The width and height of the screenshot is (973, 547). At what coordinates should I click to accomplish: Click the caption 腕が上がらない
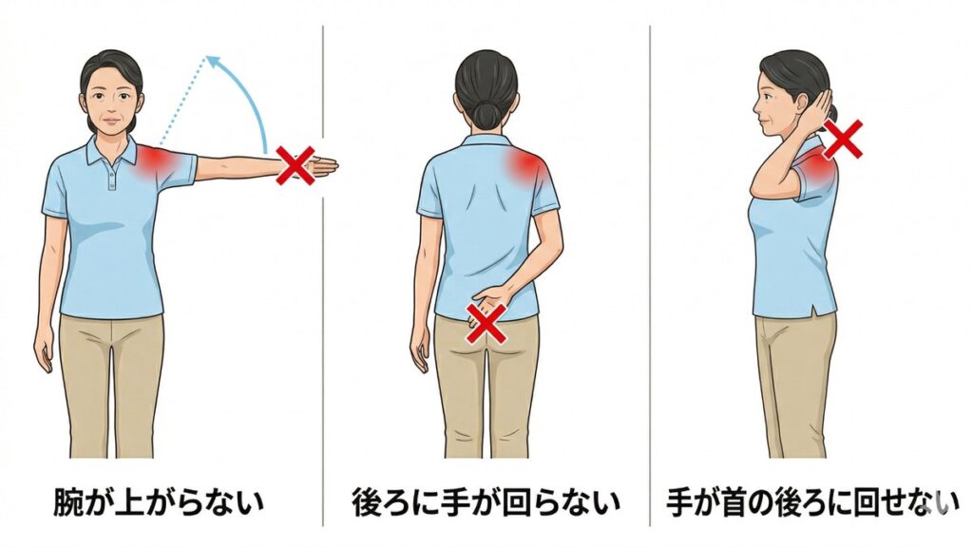(x=159, y=502)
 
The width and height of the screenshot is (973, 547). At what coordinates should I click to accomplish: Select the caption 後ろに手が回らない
(x=486, y=502)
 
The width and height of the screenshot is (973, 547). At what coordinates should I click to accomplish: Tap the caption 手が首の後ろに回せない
(x=812, y=502)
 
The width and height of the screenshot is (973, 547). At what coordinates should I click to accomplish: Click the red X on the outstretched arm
(x=296, y=165)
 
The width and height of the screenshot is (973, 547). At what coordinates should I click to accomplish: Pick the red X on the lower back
(x=488, y=324)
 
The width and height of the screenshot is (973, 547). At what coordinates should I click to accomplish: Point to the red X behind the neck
(x=843, y=140)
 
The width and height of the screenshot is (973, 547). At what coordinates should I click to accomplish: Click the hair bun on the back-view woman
(x=486, y=114)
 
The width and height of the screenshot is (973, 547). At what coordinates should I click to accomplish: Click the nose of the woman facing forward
(x=111, y=106)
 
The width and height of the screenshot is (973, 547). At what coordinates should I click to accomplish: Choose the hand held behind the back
(x=486, y=305)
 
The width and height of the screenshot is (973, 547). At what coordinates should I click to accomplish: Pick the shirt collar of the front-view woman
(x=112, y=151)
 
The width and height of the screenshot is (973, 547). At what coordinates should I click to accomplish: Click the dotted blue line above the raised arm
(x=181, y=99)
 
